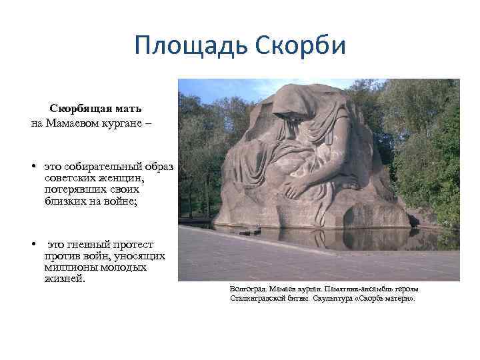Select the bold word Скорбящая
pos(75,107)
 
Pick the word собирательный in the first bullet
pos(106,164)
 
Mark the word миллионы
pos(70,267)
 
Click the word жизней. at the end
pos(65,278)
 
